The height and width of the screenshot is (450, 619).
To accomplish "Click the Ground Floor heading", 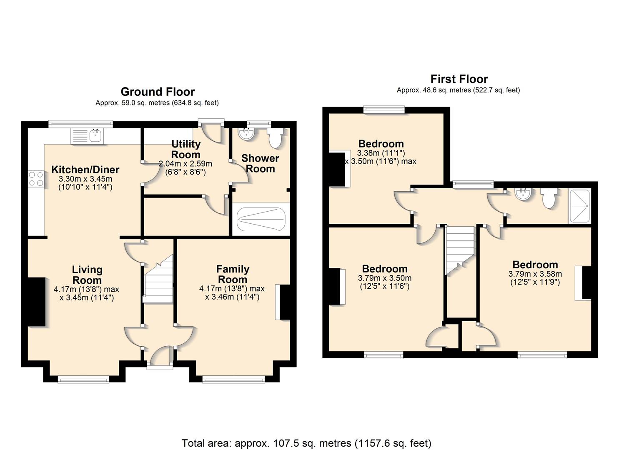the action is click(158, 92).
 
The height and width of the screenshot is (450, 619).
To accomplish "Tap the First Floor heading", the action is click(459, 79).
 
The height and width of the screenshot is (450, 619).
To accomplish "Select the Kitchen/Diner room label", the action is click(85, 170).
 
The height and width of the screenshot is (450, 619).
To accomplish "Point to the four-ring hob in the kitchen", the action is click(36, 179).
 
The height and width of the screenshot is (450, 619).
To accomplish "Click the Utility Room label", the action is click(186, 149).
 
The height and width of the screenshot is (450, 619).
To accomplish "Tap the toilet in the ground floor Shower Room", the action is click(275, 138).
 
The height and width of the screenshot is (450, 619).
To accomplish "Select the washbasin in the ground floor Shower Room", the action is click(246, 134).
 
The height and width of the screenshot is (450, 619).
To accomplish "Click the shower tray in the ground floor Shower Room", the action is click(261, 219).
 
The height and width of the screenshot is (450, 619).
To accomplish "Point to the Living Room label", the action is click(87, 275).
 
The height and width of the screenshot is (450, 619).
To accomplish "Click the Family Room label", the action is click(233, 274).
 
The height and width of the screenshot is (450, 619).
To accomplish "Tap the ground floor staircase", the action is click(158, 279).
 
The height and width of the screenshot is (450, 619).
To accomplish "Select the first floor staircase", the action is click(459, 250).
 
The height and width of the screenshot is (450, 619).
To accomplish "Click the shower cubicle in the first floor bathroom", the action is click(579, 206).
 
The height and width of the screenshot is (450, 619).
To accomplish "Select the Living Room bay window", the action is click(83, 380).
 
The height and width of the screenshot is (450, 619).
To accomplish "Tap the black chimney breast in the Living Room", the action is click(37, 302).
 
